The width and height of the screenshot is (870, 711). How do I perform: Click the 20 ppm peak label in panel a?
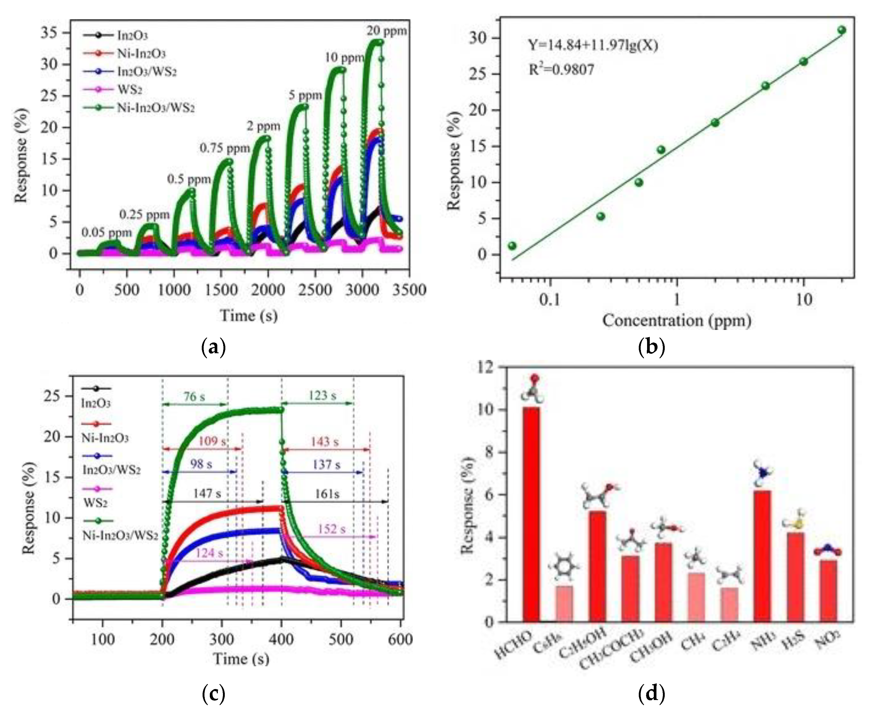(386, 31)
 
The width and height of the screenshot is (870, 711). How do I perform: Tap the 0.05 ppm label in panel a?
(107, 233)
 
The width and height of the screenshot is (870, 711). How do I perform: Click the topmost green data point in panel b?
(841, 30)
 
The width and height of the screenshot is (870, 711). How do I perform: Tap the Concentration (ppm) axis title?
(677, 320)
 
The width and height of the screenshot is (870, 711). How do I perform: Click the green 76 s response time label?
(194, 396)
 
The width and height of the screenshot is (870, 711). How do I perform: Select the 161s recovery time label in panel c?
(327, 494)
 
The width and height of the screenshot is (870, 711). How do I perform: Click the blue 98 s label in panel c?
(201, 464)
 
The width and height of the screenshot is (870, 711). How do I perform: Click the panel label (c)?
(214, 693)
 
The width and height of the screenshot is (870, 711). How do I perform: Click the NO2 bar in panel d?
(828, 591)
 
